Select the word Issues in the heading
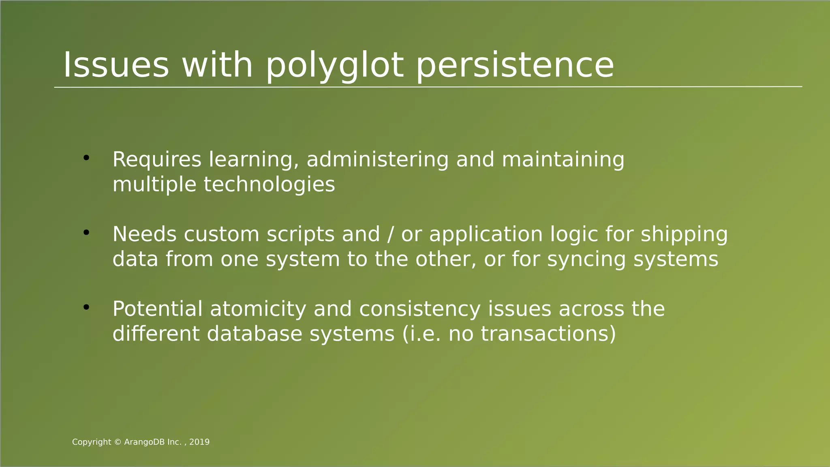tap(116, 65)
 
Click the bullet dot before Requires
tap(86, 158)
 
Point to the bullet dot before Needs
tap(86, 233)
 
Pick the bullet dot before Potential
tap(86, 307)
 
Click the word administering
tap(377, 159)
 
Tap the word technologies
tap(269, 184)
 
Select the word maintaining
tap(563, 159)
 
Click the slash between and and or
tap(390, 234)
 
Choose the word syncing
tap(586, 260)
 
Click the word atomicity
tap(258, 309)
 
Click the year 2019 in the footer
tap(199, 442)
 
